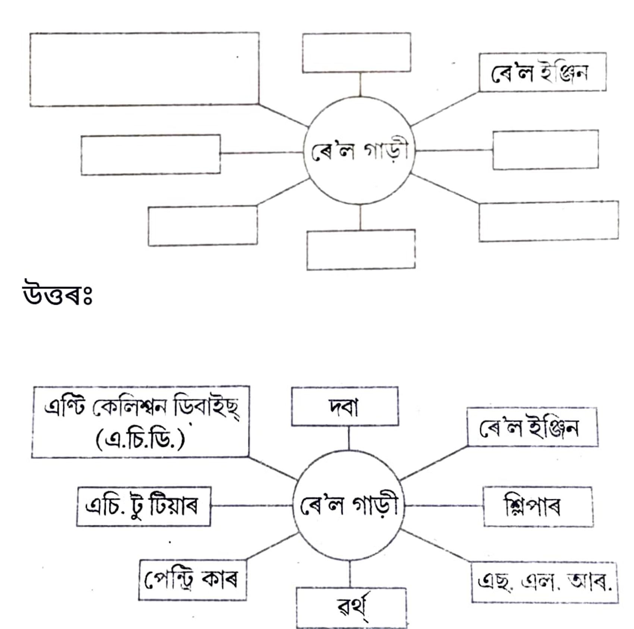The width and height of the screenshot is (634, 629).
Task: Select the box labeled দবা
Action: (x=345, y=407)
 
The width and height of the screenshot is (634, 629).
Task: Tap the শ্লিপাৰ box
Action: (x=538, y=506)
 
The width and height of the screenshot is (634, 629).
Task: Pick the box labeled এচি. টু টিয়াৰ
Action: (x=144, y=506)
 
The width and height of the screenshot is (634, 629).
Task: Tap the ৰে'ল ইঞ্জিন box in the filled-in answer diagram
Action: (x=533, y=427)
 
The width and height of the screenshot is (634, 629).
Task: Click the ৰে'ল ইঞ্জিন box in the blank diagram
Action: (x=542, y=72)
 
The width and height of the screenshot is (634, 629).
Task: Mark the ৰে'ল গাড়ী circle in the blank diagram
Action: (x=360, y=151)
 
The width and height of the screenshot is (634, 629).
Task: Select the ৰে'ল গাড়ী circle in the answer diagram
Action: (x=349, y=506)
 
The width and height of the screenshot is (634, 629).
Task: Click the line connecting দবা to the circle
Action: (x=349, y=438)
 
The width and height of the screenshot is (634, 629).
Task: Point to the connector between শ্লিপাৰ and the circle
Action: (x=444, y=506)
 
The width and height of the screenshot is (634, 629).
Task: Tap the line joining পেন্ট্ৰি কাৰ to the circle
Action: (x=272, y=547)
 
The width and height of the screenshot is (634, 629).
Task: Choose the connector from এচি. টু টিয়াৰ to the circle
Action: (x=252, y=506)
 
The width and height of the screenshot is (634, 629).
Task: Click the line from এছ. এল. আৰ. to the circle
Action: (x=434, y=545)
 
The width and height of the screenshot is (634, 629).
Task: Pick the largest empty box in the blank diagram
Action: (x=144, y=69)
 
